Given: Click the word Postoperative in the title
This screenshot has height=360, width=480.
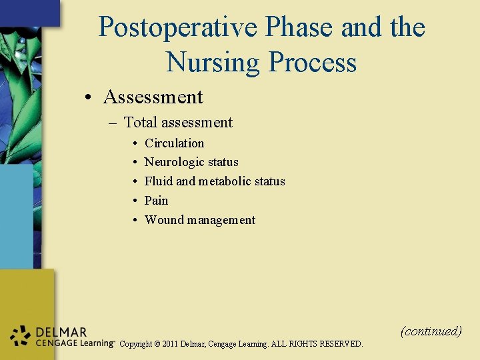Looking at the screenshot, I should [x=177, y=28].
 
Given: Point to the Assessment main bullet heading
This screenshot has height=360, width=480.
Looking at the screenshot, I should [x=153, y=97].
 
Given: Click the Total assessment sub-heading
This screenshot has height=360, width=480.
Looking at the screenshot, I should [x=178, y=122].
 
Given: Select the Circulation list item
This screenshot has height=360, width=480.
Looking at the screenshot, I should [x=174, y=143].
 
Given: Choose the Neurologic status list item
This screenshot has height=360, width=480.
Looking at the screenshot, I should [x=191, y=162].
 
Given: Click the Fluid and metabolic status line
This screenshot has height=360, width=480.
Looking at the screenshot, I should [x=215, y=181].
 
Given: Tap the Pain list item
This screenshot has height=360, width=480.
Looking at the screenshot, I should [x=156, y=201].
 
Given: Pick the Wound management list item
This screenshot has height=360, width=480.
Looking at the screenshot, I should [x=199, y=220].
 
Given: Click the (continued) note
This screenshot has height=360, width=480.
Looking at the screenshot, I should [x=431, y=331].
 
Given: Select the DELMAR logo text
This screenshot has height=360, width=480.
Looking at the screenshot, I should [x=61, y=332].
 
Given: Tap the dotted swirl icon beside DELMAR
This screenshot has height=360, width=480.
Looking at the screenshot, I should [x=21, y=336].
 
